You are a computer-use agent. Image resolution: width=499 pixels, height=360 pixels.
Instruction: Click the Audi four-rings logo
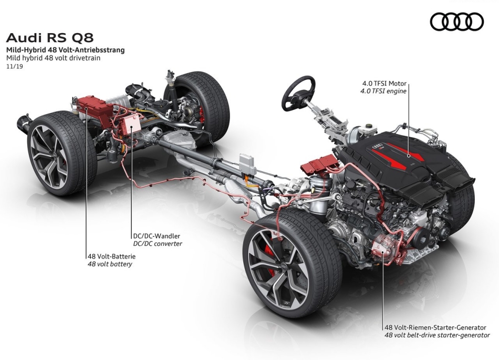[x=456, y=22]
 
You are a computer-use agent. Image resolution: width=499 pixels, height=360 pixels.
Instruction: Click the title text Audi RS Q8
[x=50, y=37]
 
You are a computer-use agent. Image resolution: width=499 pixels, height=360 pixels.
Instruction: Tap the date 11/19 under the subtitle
[x=15, y=67]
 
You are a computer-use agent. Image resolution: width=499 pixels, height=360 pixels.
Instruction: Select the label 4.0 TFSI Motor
[x=384, y=84]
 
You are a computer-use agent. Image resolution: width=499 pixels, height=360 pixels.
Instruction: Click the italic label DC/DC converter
[x=158, y=244]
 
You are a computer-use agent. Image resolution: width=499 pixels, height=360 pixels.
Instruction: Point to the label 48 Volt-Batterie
[x=111, y=256]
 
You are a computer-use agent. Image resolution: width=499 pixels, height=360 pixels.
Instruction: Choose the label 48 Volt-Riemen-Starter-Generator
[x=435, y=327]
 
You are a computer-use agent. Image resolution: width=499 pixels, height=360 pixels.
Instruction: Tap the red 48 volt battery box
[x=95, y=109]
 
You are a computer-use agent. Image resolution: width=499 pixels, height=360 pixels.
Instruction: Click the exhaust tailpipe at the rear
[x=24, y=122]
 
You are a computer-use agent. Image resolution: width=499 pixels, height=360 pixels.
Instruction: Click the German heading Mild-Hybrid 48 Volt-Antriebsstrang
[x=66, y=50]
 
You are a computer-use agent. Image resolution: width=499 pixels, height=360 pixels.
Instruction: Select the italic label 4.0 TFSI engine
[x=383, y=91]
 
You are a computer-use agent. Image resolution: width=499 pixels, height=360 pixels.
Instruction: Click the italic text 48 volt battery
[x=110, y=264]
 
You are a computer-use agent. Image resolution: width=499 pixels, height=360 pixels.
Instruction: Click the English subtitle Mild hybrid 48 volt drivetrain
[x=54, y=58]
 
